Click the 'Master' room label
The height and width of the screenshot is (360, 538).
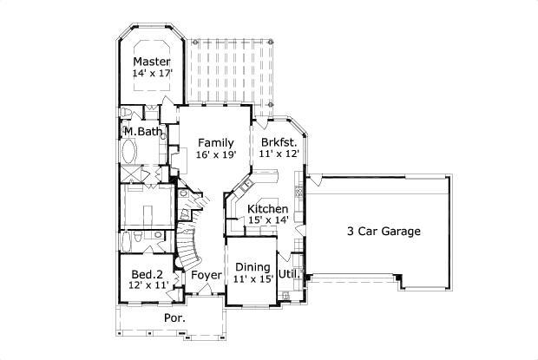coord(151,62)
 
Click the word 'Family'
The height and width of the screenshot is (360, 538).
coord(215,141)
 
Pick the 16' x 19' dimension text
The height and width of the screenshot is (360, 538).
coord(215,154)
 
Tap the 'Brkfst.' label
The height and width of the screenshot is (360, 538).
coord(279,141)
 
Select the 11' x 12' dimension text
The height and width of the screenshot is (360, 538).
coord(279,154)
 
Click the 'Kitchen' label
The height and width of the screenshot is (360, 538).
coord(267,210)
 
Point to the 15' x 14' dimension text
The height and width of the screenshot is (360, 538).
coord(267,222)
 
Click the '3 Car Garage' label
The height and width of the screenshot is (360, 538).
coord(384,232)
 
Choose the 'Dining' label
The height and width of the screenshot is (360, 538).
coord(253,267)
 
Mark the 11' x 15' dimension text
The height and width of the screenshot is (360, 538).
coord(253,279)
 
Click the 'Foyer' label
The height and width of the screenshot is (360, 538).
coord(207,275)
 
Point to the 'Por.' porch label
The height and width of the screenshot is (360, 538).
coord(174,318)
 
